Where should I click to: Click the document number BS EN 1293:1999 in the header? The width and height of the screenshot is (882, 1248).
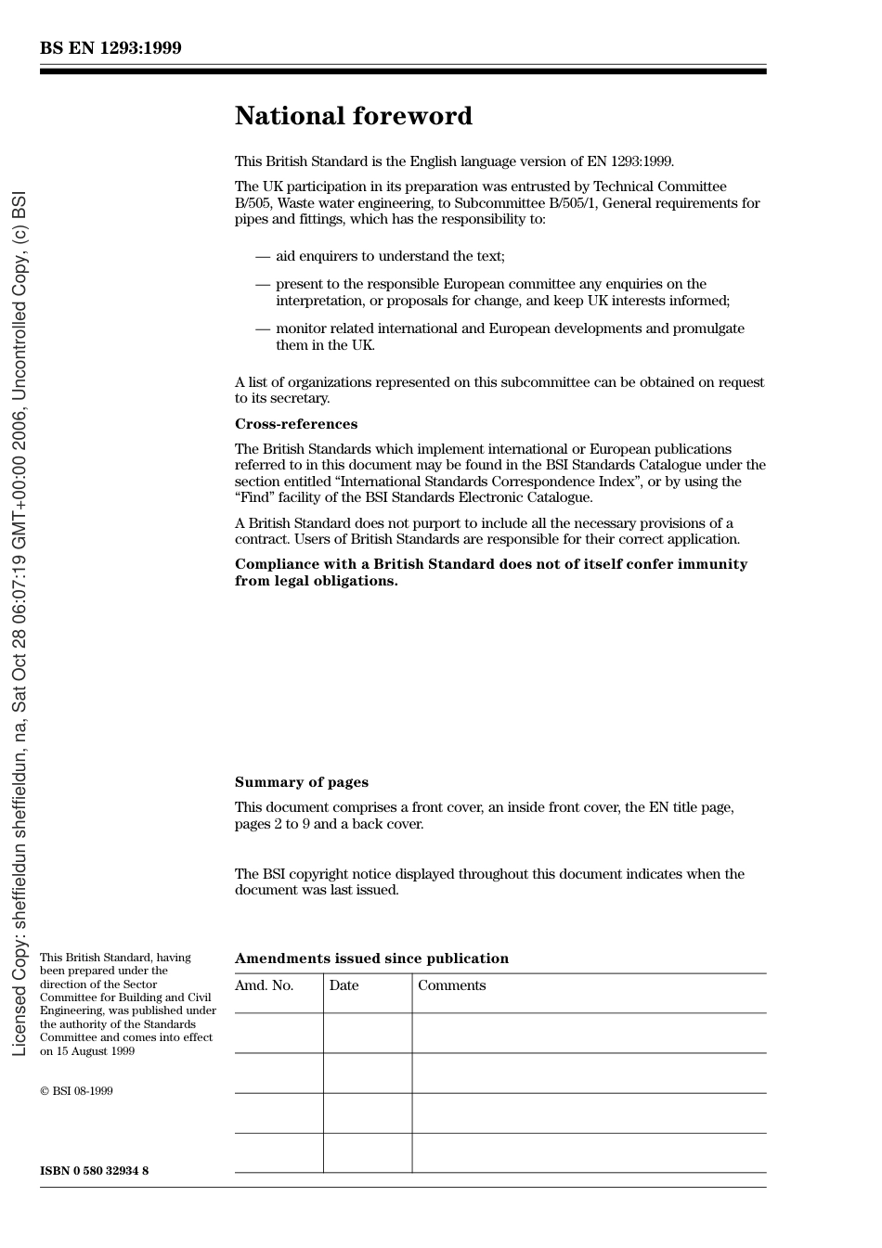(x=110, y=48)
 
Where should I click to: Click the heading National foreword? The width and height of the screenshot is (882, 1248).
(x=353, y=116)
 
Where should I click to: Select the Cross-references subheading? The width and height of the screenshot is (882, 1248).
(x=295, y=424)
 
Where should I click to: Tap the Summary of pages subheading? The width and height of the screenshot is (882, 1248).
(x=301, y=782)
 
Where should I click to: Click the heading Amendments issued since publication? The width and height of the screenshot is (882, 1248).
(x=371, y=959)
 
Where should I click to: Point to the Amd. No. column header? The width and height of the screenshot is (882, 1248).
(x=264, y=985)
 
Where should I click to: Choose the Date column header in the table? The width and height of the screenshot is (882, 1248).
(x=344, y=985)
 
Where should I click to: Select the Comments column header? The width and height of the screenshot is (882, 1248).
(x=451, y=985)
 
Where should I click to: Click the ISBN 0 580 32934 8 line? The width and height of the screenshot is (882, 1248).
(x=94, y=1171)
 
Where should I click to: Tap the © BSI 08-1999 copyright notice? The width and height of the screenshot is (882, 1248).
(x=76, y=1091)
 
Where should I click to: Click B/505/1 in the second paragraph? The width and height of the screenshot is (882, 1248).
(x=571, y=203)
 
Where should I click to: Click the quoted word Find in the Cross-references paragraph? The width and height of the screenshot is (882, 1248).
(x=255, y=497)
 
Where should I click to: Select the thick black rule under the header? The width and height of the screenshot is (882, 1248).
(x=403, y=71)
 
